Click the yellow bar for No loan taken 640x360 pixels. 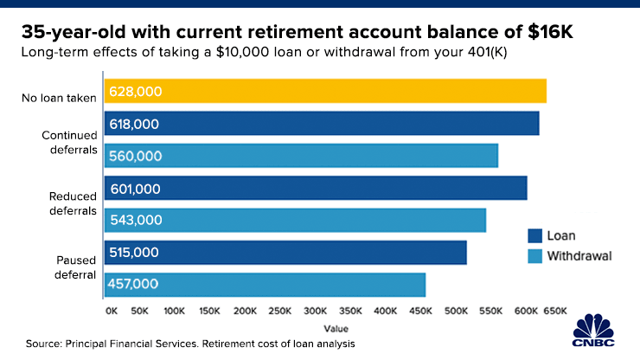(x=325, y=91)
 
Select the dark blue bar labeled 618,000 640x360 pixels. (x=322, y=124)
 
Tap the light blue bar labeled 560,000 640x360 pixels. (x=301, y=156)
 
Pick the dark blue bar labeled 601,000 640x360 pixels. (x=316, y=188)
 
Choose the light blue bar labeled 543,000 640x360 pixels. (x=295, y=221)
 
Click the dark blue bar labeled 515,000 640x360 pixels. (x=285, y=253)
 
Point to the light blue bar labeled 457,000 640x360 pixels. (x=265, y=285)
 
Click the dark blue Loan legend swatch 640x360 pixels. (x=534, y=235)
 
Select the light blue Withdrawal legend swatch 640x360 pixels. (x=534, y=256)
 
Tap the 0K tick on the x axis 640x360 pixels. (x=112, y=311)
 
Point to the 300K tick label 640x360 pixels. (x=315, y=311)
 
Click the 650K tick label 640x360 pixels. (x=555, y=311)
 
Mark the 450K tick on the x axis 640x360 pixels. (x=420, y=311)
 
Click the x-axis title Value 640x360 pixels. (x=336, y=329)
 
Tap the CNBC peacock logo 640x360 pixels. (x=593, y=331)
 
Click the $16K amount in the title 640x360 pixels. (x=550, y=32)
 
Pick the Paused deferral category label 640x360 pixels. (x=75, y=267)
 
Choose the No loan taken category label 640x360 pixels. (x=59, y=98)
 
